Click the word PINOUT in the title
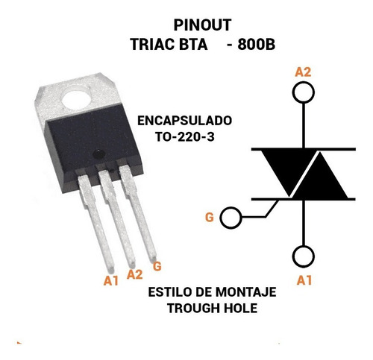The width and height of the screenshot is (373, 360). tap(202, 25)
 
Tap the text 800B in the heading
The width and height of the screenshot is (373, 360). tap(257, 45)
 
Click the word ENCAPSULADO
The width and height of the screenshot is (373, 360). tap(184, 121)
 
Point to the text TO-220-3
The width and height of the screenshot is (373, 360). tap(185, 136)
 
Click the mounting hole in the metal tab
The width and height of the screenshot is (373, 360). tap(76, 100)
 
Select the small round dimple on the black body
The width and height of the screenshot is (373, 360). tap(98, 154)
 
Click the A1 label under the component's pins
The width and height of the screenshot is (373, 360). tap(111, 281)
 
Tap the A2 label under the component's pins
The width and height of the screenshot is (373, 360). tap(134, 274)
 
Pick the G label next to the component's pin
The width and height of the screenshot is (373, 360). tap(157, 266)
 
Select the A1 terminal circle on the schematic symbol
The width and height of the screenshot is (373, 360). tap(303, 246)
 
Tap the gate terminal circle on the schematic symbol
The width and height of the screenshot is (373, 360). tap(221, 218)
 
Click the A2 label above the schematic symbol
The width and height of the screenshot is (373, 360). tap(303, 72)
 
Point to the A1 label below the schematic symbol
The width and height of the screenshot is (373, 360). tap(304, 280)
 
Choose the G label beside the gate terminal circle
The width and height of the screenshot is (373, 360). tap(209, 218)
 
